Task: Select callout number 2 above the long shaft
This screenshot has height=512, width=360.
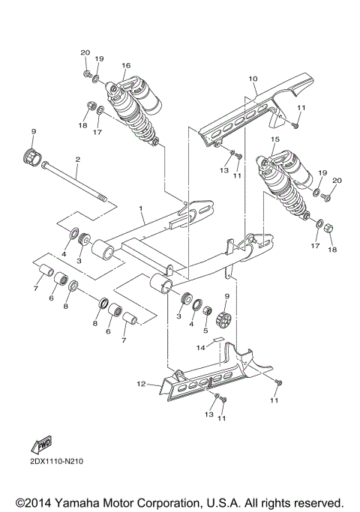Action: [76, 160]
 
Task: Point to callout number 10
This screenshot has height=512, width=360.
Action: [253, 78]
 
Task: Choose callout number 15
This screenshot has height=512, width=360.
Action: [275, 139]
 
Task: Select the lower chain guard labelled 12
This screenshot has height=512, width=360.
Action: [217, 375]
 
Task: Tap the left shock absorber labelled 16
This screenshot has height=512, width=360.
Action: [135, 109]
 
